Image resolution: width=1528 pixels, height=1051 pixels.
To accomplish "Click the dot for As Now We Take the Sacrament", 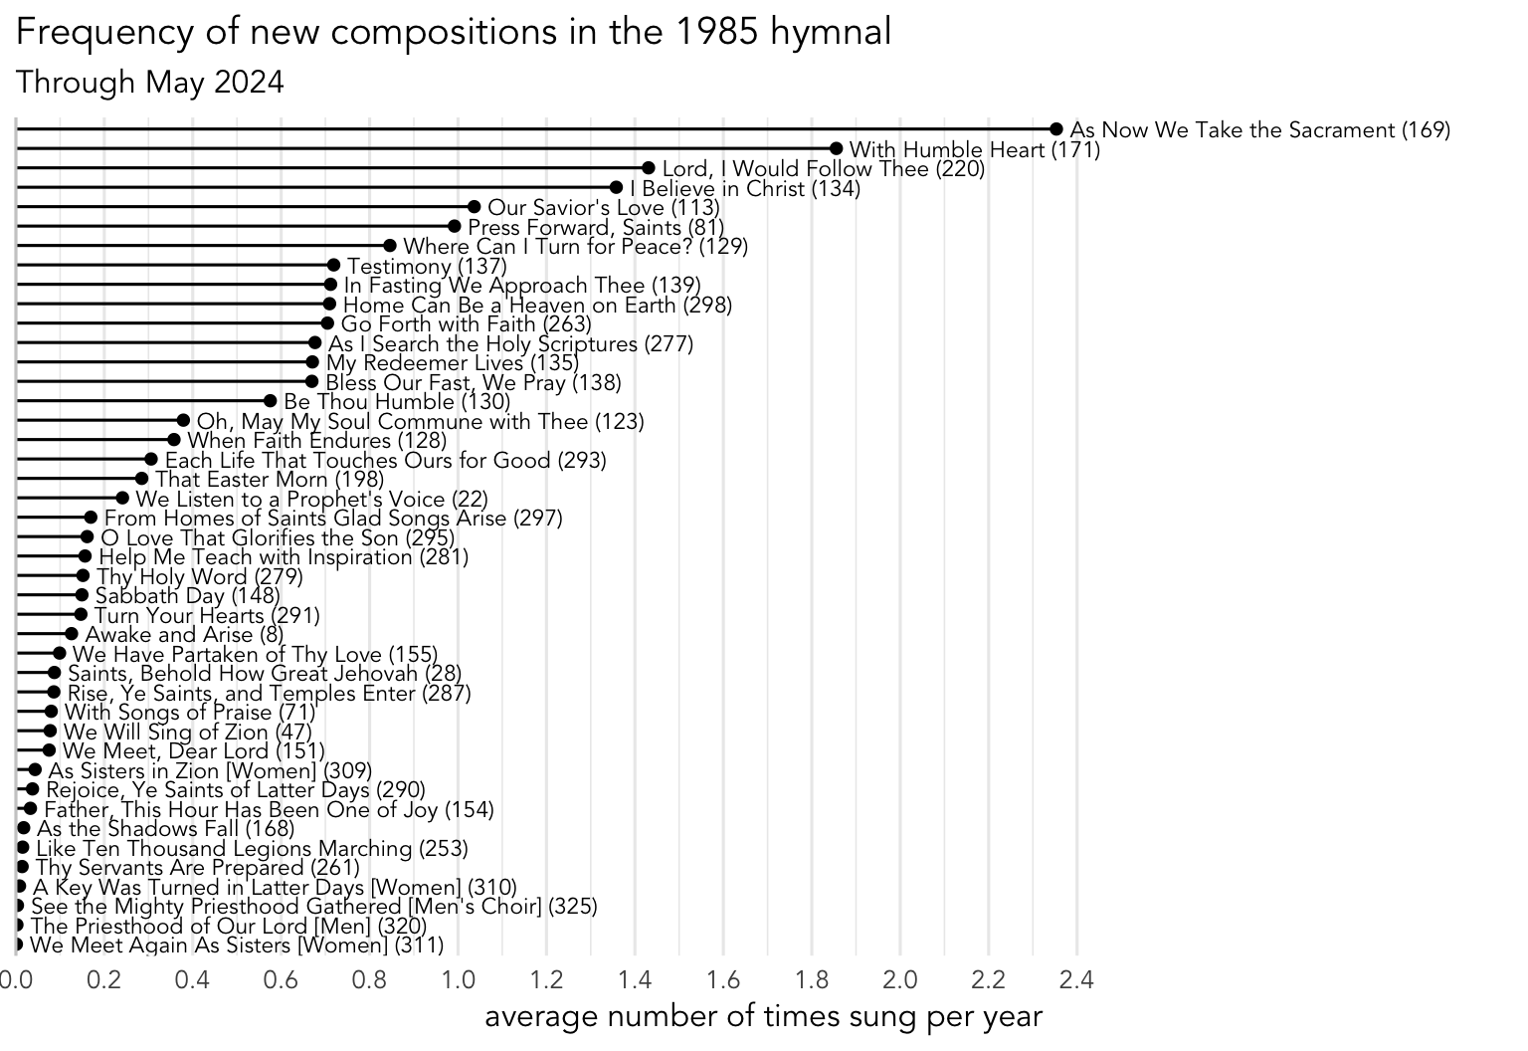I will point(1056,129).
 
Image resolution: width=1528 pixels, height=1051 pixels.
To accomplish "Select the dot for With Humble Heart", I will point(836,149).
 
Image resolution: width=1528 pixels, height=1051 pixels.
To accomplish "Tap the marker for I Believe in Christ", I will point(616,188).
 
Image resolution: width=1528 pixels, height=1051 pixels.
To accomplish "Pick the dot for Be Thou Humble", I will point(270,401).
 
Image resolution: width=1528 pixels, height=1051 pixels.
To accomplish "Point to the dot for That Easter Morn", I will point(141,479).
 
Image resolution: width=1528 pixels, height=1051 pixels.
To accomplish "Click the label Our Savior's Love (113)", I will point(603,208).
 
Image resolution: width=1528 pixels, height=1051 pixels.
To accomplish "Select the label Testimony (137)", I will point(427,267).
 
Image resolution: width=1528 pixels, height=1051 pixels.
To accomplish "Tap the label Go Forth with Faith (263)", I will point(466,324).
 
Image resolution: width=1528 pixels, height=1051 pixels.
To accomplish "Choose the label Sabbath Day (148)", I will point(188,596).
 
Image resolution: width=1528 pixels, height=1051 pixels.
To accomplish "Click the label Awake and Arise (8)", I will point(184,635).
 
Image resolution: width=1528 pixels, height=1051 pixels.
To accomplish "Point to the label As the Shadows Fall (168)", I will point(165,829).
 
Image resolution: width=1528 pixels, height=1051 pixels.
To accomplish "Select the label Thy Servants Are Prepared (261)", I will point(197,868).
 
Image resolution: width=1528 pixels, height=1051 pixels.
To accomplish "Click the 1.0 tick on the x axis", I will point(458,980).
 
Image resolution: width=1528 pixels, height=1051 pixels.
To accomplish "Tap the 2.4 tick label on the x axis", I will point(1077,980).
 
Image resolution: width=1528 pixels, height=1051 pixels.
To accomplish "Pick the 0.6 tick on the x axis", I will point(281,980).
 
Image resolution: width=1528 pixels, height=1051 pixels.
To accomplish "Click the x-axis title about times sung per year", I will point(763,1017).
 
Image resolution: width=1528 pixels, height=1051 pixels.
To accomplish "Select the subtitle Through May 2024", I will point(150,82).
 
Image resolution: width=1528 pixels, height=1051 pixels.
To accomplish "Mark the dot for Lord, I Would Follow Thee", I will point(649,168).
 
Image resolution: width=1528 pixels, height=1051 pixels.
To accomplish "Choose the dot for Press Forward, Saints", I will point(455,227).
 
